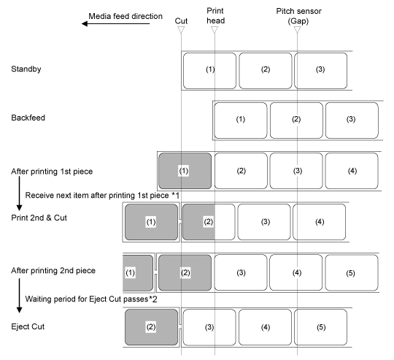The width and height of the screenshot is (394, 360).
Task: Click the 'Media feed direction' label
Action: pyautogui.click(x=125, y=16)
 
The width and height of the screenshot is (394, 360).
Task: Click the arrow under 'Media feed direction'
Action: pyautogui.click(x=115, y=23)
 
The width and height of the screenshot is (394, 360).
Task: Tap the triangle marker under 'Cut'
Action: pyautogui.click(x=181, y=30)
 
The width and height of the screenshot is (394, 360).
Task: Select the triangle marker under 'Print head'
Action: pyautogui.click(x=215, y=30)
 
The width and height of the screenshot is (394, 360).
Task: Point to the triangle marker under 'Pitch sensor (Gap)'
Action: pyautogui.click(x=297, y=30)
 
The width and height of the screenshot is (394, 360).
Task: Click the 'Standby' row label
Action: pyautogui.click(x=26, y=69)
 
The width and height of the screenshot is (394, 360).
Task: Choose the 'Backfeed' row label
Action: pyautogui.click(x=28, y=118)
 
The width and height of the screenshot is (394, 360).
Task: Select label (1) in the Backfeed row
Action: pyautogui.click(x=241, y=120)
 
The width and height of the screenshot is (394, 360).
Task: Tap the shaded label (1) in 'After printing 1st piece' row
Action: pyautogui.click(x=185, y=171)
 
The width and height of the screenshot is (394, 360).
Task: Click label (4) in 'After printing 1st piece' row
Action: pyautogui.click(x=352, y=171)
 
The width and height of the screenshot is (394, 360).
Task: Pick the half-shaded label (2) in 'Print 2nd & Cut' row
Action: pyautogui.click(x=209, y=222)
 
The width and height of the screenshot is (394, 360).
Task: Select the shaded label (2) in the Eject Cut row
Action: pyautogui.click(x=151, y=327)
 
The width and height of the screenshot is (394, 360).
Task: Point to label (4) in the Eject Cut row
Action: pyautogui.click(x=265, y=327)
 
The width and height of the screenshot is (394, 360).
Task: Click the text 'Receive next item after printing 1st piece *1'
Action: pyautogui.click(x=102, y=196)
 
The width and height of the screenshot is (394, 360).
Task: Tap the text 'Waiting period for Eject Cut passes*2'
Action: pyautogui.click(x=91, y=299)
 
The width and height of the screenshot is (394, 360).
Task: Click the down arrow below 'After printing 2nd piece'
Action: pyautogui.click(x=20, y=296)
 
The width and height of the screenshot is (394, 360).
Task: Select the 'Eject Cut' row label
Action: pyautogui.click(x=28, y=326)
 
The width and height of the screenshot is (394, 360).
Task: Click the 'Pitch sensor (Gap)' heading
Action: pyautogui.click(x=298, y=16)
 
